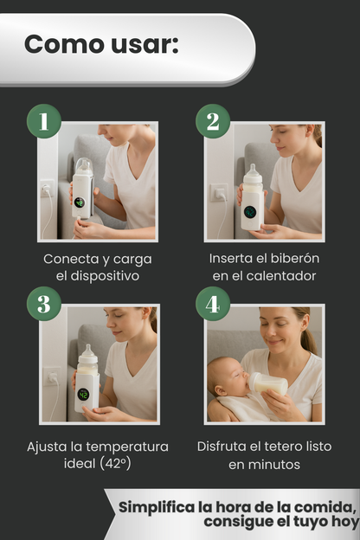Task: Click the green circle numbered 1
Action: tap(44, 121)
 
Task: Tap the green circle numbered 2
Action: tap(213, 121)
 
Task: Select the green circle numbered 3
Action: tap(44, 304)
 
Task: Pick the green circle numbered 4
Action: tap(213, 304)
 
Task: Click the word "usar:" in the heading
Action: tap(145, 44)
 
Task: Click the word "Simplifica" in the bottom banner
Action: tap(157, 507)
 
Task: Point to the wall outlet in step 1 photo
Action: tap(47, 188)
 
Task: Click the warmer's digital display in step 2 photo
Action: tap(250, 212)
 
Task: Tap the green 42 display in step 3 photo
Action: tap(83, 395)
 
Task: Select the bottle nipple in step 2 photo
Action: tap(254, 170)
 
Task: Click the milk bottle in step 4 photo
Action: tap(269, 382)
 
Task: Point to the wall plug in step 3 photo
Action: tap(54, 378)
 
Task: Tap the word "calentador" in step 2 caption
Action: tap(281, 276)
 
